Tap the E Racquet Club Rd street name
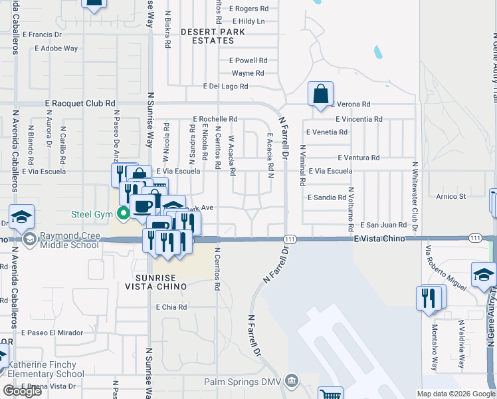click(80, 104)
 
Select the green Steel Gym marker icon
click(122, 213)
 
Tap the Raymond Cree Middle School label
click(70, 240)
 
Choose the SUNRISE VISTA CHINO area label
click(155, 282)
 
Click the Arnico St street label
click(451, 196)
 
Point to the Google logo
click(21, 390)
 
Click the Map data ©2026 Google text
click(456, 394)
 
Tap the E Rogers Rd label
click(248, 9)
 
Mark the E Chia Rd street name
click(171, 307)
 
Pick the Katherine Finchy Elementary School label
click(46, 369)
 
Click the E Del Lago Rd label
click(226, 86)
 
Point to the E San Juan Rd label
click(383, 225)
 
